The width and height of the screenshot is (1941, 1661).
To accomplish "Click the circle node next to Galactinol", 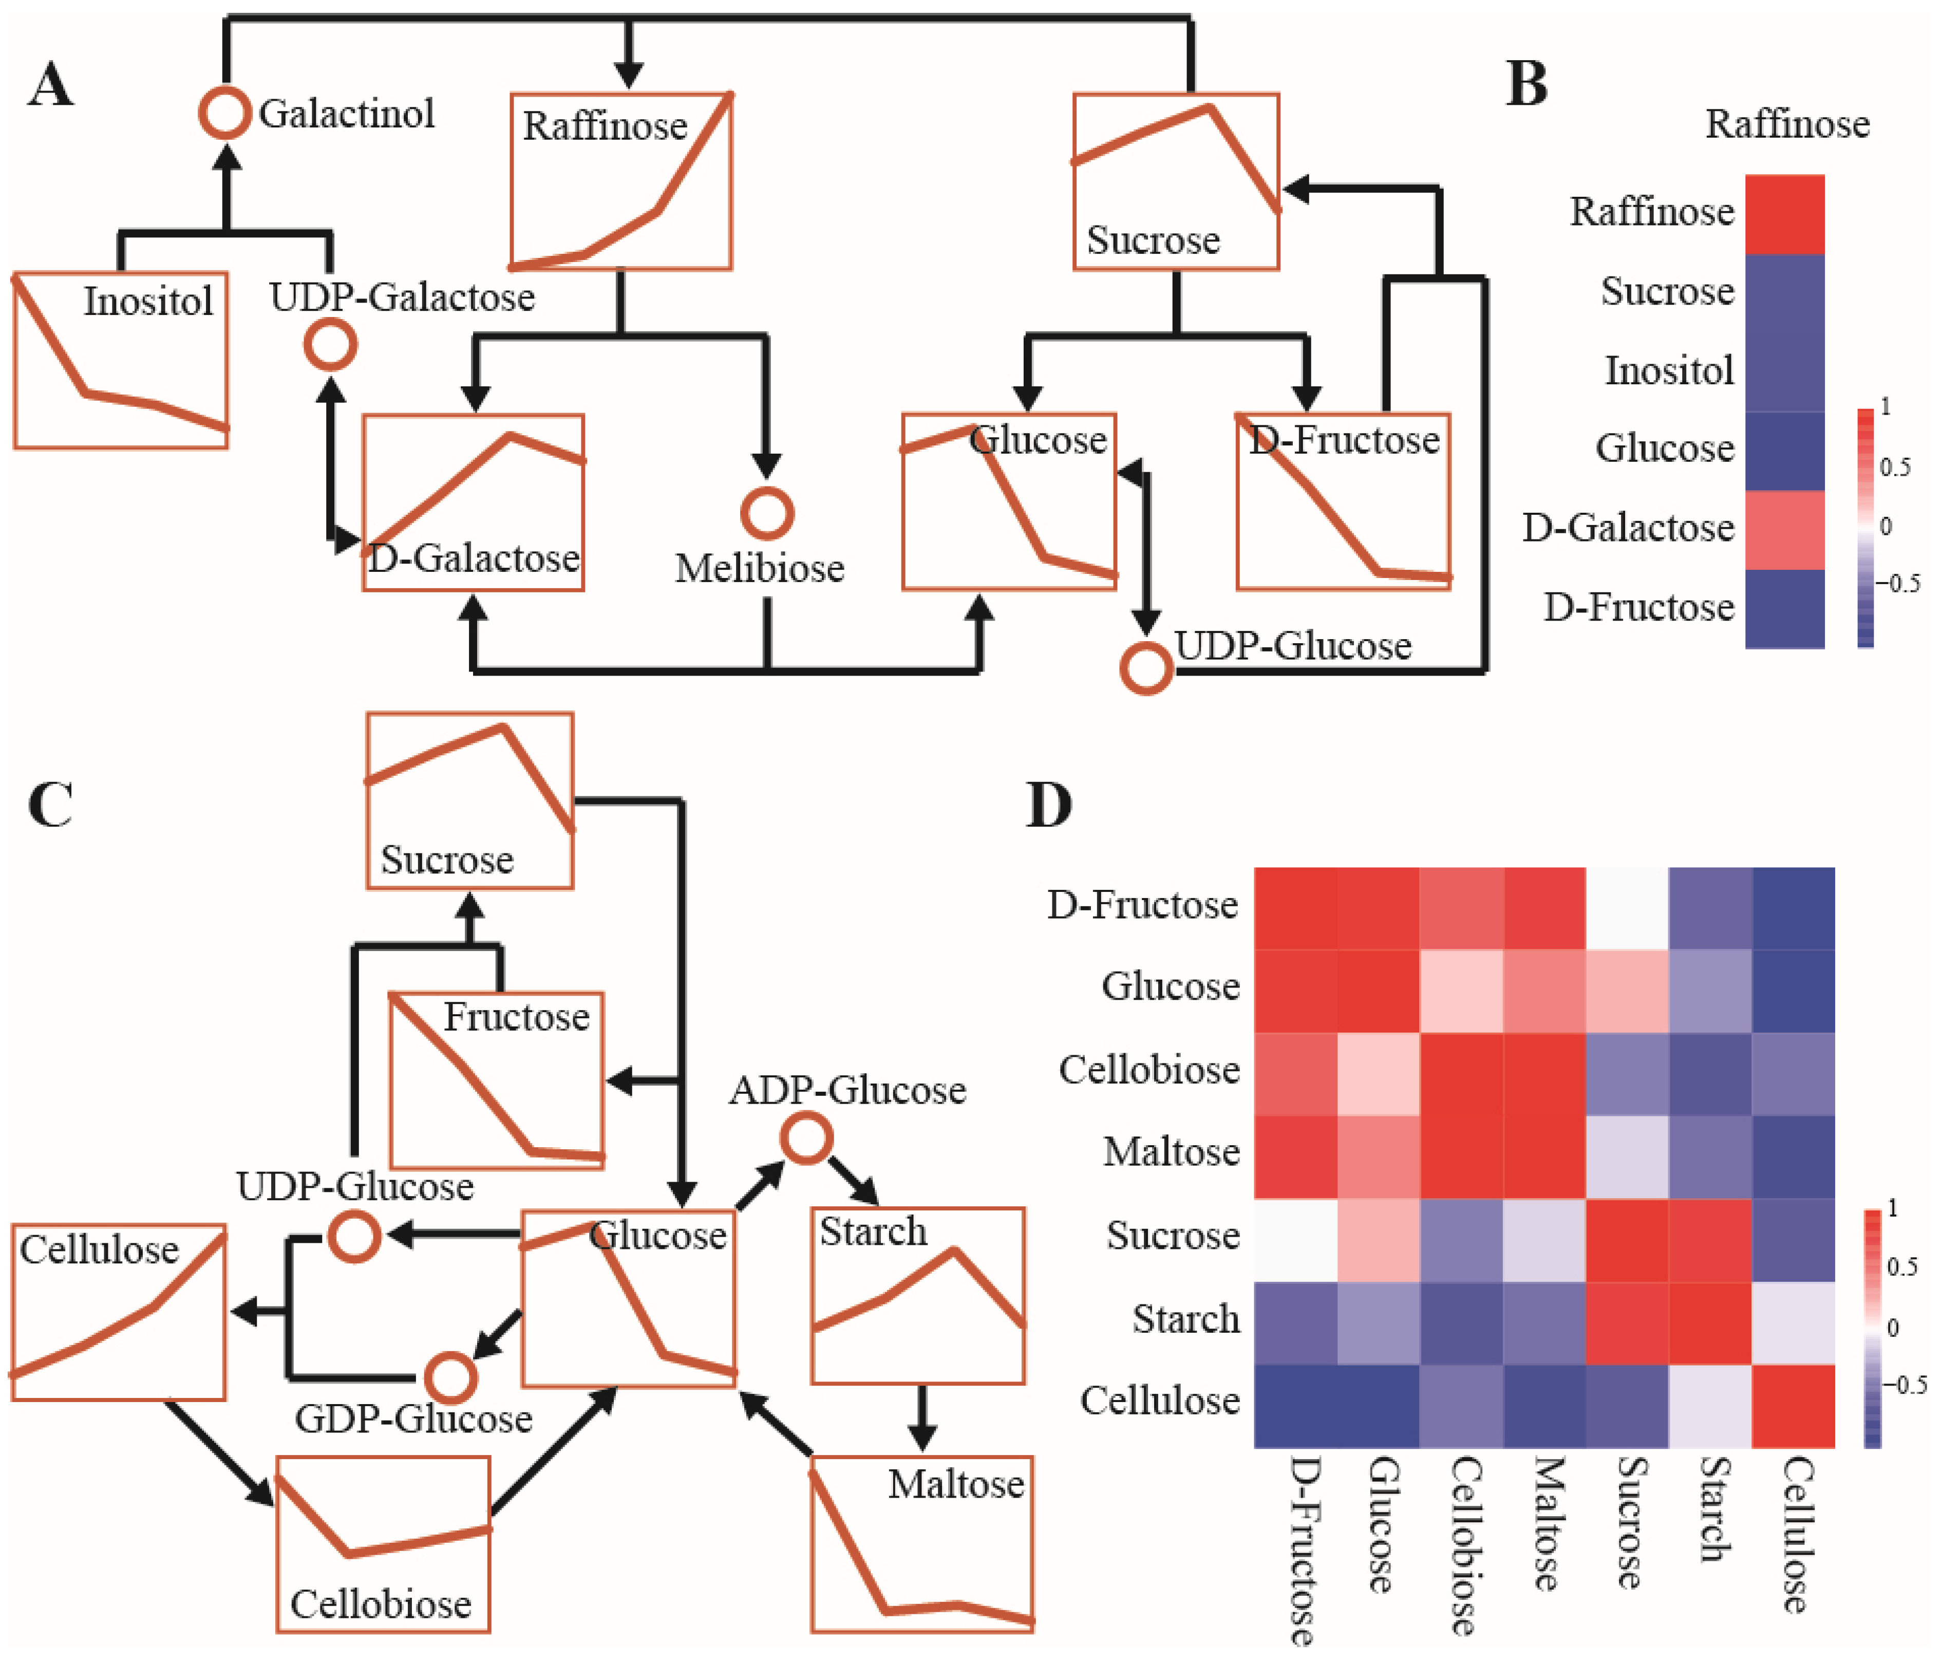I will click(x=225, y=114).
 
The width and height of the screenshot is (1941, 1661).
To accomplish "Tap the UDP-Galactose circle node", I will click(x=330, y=345).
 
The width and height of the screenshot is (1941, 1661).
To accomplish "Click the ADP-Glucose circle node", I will click(x=806, y=1139).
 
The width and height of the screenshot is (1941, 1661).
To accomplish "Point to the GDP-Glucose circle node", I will click(x=450, y=1377).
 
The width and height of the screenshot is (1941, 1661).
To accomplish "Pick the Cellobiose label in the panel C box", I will click(x=380, y=1604).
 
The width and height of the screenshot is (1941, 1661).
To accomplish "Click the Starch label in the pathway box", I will click(x=873, y=1231).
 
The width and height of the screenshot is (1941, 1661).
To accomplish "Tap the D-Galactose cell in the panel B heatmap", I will click(x=1784, y=529).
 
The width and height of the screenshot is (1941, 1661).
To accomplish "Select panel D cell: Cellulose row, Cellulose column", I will click(x=1793, y=1405).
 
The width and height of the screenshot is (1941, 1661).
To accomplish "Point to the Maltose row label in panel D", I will click(x=1171, y=1151).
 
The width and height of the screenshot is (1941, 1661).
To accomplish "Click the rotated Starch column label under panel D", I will click(x=1714, y=1508).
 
